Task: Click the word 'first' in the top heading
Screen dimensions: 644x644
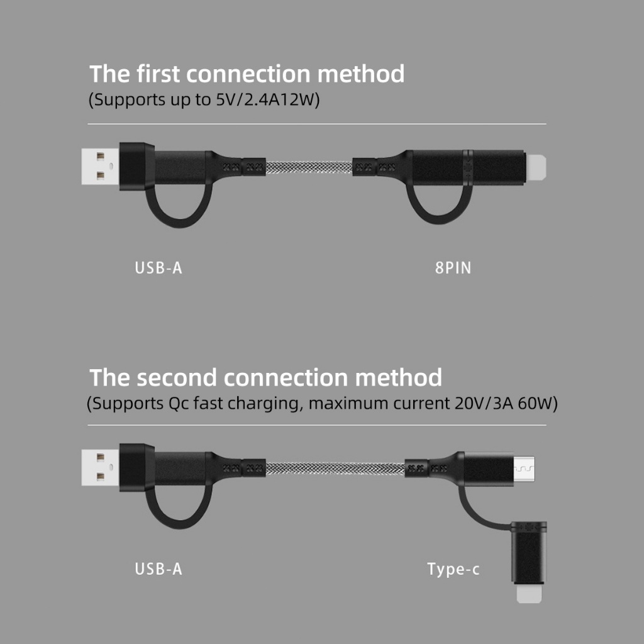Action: [x=158, y=74]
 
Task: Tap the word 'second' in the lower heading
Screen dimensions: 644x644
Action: [x=177, y=377]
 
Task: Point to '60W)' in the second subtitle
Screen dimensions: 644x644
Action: [x=538, y=403]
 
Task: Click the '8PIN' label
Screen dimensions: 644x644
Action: [x=453, y=268]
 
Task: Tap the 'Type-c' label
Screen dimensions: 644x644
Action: [x=453, y=569]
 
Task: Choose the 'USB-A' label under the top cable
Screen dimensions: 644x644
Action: [x=158, y=268]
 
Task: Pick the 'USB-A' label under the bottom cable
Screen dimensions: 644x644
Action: [x=158, y=569]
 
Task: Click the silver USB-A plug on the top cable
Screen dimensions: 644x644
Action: [x=101, y=166]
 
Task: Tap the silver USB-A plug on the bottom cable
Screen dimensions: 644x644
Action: [x=101, y=467]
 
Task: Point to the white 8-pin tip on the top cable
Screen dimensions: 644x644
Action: [x=536, y=167]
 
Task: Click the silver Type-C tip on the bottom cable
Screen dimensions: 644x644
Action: [x=524, y=468]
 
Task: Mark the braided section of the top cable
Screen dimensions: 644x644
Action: [x=309, y=167]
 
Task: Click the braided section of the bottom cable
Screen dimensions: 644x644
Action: [x=335, y=468]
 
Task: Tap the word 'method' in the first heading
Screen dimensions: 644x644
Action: [x=361, y=74]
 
